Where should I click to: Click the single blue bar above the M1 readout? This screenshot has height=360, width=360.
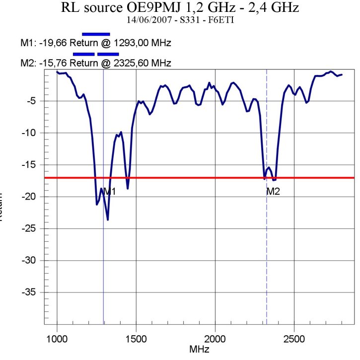[96, 34]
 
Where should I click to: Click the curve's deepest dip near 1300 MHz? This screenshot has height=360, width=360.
[108, 219]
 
